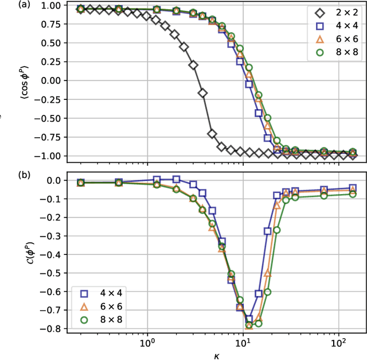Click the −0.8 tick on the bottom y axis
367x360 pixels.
pyautogui.click(x=55, y=329)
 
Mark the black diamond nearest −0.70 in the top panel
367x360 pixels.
pyautogui.click(x=212, y=134)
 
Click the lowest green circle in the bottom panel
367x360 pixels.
pyautogui.click(x=249, y=325)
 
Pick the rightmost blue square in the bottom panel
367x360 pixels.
pyautogui.click(x=353, y=188)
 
